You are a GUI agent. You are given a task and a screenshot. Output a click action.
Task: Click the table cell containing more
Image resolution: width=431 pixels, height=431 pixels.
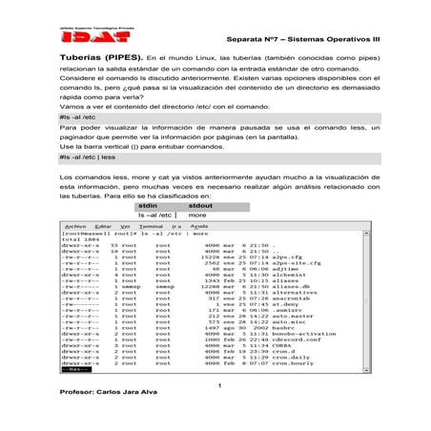point(199,215)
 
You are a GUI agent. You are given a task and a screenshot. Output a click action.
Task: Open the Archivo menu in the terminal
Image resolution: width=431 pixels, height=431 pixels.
point(75,226)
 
